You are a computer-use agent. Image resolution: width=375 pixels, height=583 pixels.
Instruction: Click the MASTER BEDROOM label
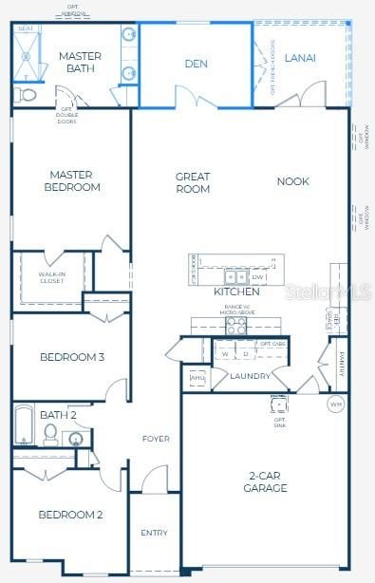point(74,180)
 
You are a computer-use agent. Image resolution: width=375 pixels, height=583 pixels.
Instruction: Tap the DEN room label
point(196,65)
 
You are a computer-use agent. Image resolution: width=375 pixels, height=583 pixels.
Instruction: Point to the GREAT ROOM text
point(193,182)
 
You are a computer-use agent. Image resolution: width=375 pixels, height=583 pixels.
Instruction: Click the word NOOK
point(292,181)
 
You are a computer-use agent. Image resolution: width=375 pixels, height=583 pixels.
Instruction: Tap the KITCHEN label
point(236,291)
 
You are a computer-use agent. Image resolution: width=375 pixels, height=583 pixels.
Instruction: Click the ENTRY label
point(154,533)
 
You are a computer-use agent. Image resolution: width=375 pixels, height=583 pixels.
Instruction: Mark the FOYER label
point(156,439)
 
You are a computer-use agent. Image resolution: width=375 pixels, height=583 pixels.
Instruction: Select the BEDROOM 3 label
point(72,357)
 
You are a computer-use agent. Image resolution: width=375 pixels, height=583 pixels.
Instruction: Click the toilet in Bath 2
point(51,436)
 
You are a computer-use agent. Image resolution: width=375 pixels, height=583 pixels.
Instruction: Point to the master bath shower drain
point(26,58)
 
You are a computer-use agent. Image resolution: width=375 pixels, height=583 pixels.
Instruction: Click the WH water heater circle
point(335,404)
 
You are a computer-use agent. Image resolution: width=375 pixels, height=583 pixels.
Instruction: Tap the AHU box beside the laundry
point(197,378)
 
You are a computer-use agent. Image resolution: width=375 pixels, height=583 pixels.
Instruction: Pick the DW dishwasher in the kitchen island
point(258,277)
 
